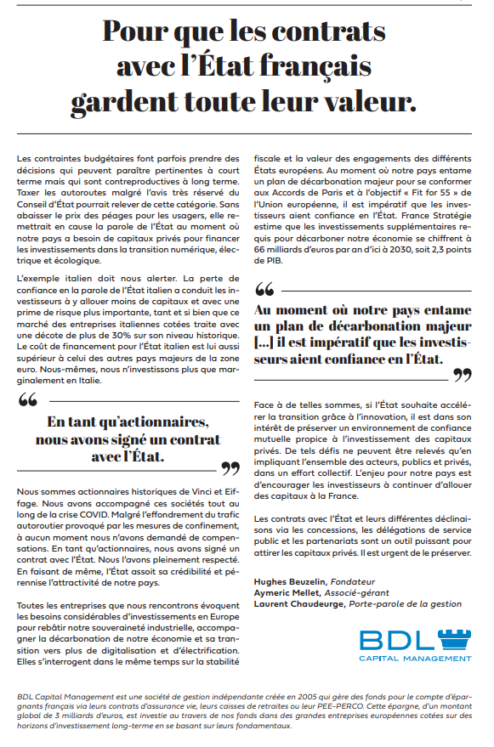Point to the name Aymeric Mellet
click(286, 591)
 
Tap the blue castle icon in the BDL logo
click(452, 641)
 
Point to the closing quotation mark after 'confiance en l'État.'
click(461, 375)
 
